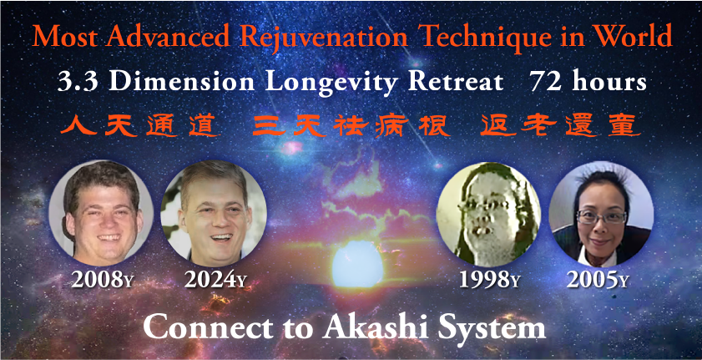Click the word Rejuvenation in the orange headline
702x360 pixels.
[324, 38]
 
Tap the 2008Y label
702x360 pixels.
[102, 280]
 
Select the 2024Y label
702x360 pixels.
[215, 280]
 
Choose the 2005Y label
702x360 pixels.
[598, 280]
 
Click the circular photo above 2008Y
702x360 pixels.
[101, 213]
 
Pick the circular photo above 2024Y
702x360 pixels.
[214, 211]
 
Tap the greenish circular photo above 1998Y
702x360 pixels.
[488, 214]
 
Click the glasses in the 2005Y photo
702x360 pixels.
[602, 217]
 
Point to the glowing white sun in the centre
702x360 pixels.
[358, 264]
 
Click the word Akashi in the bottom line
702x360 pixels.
[377, 327]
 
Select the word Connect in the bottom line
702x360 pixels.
[208, 327]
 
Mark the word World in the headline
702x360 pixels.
[639, 37]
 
